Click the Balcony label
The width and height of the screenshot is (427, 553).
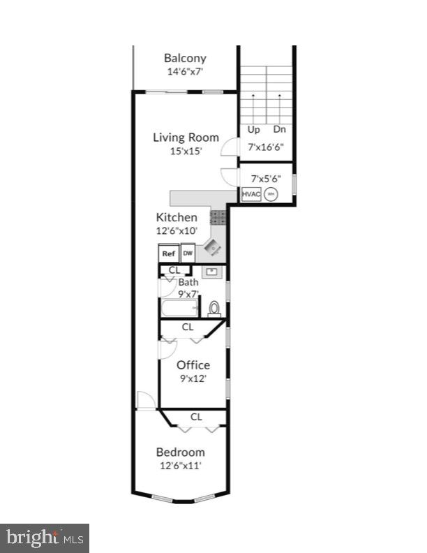coord(185,58)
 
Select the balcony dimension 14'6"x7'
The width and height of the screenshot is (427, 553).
coord(185,71)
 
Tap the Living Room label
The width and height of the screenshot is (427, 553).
coord(186,138)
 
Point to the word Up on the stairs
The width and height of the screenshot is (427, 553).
coord(253,129)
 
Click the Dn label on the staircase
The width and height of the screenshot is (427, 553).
coord(279,129)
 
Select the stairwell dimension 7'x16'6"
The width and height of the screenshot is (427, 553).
coord(266,147)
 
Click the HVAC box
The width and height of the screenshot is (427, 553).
coord(251,195)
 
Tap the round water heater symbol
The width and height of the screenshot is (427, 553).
coord(271,195)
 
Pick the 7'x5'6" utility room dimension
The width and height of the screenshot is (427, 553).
coord(265,179)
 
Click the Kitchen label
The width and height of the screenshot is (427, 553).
coord(177,217)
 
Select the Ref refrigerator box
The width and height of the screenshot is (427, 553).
coord(168,253)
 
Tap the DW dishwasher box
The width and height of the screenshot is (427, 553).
coord(188,253)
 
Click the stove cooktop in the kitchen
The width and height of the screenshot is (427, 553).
coord(218,217)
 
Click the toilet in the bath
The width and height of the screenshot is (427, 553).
coord(214,308)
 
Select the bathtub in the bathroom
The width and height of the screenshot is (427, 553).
coord(180,308)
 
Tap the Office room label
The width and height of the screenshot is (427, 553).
coord(193,365)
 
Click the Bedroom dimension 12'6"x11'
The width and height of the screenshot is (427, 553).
coord(180,465)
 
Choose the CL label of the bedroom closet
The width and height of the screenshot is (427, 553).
coord(197,417)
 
